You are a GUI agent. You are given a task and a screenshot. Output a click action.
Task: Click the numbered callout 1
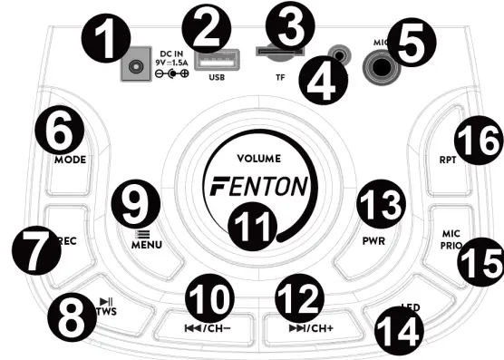pyautogui.click(x=102, y=42)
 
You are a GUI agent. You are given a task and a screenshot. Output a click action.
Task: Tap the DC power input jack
pyautogui.click(x=137, y=66)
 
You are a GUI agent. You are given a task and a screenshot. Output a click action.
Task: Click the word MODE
pyautogui.click(x=69, y=160)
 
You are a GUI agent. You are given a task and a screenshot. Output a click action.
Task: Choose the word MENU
pyautogui.click(x=143, y=244)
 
